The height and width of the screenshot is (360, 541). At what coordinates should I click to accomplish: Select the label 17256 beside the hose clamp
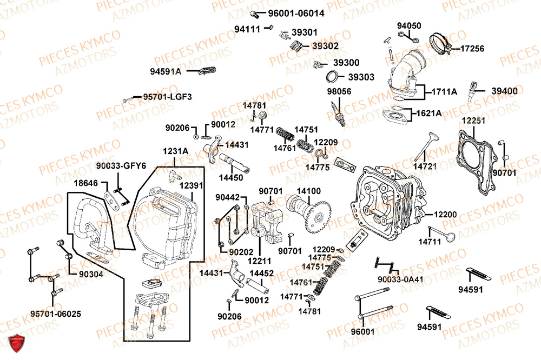tap(472, 49)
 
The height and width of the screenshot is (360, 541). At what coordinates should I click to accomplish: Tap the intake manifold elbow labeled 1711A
tap(406, 73)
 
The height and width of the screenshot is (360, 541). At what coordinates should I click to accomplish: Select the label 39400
tap(504, 91)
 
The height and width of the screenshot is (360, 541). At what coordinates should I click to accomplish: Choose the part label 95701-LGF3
tap(167, 97)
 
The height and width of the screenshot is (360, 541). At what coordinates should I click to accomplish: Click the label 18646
tap(86, 184)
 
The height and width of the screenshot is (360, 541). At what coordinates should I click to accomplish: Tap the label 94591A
tap(166, 71)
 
